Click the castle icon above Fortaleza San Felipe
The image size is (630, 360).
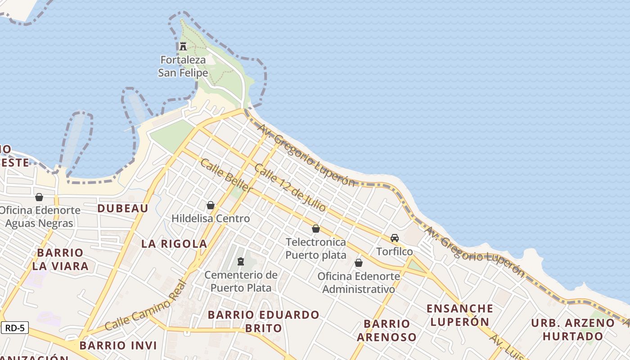[x=183, y=46]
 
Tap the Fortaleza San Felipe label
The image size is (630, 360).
[x=183, y=66]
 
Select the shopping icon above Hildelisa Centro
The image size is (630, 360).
[x=210, y=206]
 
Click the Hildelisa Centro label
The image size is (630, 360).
[x=210, y=219]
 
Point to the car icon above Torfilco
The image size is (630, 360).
[x=395, y=238]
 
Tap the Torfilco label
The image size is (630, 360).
[x=395, y=251]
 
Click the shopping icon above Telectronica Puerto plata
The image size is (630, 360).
[x=316, y=229]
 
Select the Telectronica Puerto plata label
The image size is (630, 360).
[x=316, y=248]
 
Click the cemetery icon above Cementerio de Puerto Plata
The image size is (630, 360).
[x=241, y=261]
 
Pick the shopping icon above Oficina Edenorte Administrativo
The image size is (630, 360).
[x=359, y=263]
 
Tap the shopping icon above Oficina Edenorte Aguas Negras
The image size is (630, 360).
[x=39, y=197]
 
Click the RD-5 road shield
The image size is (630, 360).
[x=15, y=328]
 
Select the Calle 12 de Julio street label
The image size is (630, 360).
[x=290, y=188]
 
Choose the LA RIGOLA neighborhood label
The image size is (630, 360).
[x=174, y=244]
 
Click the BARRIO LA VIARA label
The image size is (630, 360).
[x=60, y=259]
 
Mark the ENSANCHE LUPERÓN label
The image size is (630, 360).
[x=459, y=315]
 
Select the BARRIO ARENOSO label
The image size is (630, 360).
[x=387, y=330]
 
